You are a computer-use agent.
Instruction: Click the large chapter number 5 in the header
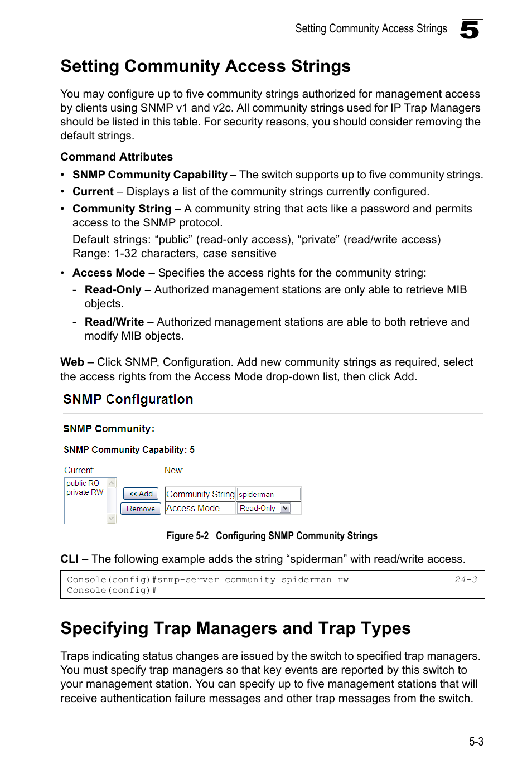[470, 30]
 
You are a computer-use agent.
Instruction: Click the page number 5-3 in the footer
[476, 741]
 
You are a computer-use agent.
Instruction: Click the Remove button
[141, 509]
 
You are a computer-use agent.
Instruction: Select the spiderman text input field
[269, 494]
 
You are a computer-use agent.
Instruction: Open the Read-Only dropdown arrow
[286, 508]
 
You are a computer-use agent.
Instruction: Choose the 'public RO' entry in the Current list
[83, 483]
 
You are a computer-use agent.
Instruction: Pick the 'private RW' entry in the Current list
[85, 492]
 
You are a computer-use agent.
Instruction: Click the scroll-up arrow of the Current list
[112, 483]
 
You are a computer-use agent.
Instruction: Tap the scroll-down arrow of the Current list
[112, 518]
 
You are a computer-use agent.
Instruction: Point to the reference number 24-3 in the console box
[466, 579]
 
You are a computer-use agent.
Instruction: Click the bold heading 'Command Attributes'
[117, 157]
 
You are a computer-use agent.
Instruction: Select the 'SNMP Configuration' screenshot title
[128, 399]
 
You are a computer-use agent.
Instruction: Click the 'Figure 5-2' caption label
[187, 535]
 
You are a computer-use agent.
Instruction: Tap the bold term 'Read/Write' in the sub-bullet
[114, 322]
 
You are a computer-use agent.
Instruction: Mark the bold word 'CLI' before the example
[69, 559]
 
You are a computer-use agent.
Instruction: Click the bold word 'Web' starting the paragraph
[72, 362]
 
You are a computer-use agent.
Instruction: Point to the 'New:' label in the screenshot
[174, 470]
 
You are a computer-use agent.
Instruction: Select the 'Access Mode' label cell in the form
[193, 508]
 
